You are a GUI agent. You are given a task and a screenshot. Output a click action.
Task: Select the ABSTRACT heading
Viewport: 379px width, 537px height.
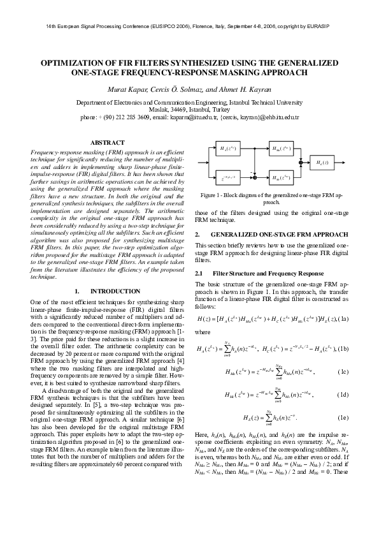tap(103, 142)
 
